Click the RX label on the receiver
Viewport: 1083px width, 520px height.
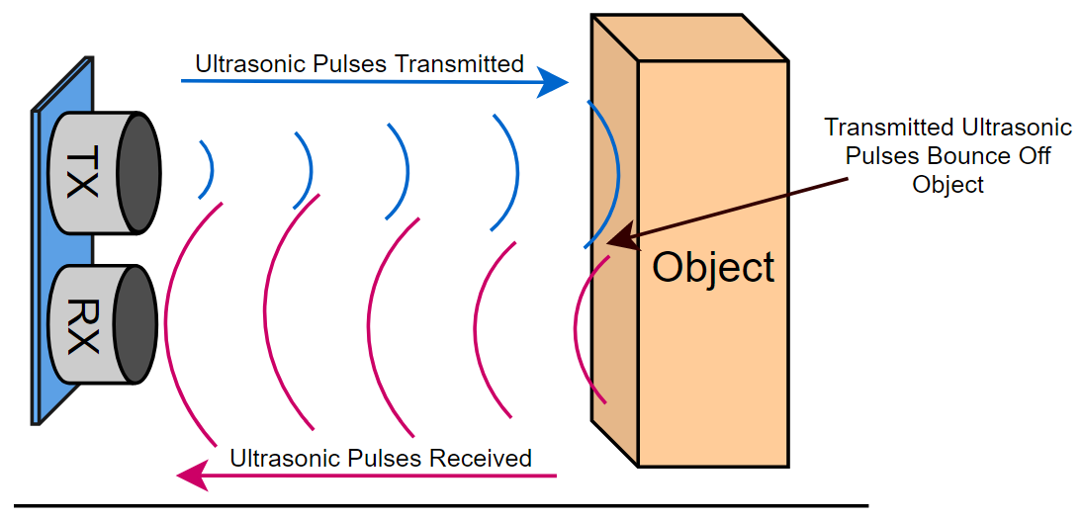tap(83, 324)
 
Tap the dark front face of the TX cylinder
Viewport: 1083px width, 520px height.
tap(138, 174)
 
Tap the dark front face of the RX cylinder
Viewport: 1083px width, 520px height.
tap(135, 324)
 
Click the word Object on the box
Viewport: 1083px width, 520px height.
tap(713, 268)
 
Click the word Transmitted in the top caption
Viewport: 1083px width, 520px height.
tap(459, 64)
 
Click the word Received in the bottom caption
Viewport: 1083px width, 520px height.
tap(483, 458)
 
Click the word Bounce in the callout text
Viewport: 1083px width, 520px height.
tap(965, 156)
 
